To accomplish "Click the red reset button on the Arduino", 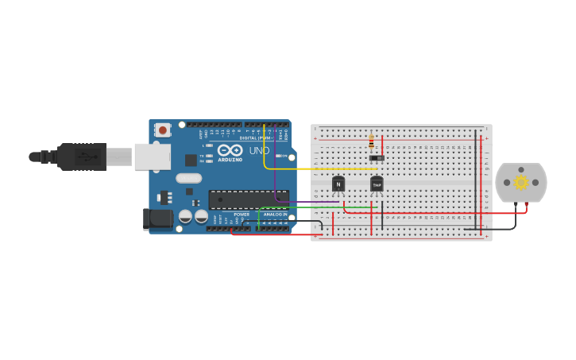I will pyautogui.click(x=163, y=130).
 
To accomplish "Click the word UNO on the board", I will pyautogui.click(x=259, y=150).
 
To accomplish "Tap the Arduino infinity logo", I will pyautogui.click(x=230, y=149).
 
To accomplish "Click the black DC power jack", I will pyautogui.click(x=157, y=219).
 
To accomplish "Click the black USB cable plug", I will pyautogui.click(x=81, y=157).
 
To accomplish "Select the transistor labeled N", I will pyautogui.click(x=338, y=184).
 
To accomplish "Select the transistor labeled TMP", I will pyautogui.click(x=377, y=185).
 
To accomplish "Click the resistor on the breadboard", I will pyautogui.click(x=371, y=141).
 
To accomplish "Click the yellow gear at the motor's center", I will pyautogui.click(x=521, y=182).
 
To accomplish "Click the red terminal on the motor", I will pyautogui.click(x=526, y=205).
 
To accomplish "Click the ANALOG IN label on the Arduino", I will pyautogui.click(x=275, y=215).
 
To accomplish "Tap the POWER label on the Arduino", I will pyautogui.click(x=242, y=215).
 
